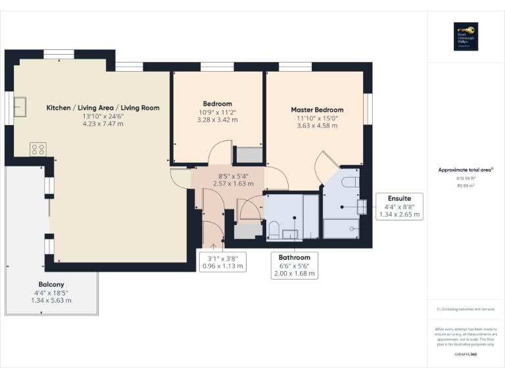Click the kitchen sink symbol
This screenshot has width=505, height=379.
tap(21, 105)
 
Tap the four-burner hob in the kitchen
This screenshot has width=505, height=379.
tap(37, 149)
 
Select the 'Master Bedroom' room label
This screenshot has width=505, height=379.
tap(317, 110)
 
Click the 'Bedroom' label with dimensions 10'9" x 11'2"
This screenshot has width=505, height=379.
tap(217, 104)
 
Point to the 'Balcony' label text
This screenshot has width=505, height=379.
tap(51, 284)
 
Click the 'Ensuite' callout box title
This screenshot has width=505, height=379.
tap(399, 198)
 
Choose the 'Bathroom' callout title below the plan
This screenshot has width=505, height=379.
tap(294, 257)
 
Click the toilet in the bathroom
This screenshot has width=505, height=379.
tap(274, 230)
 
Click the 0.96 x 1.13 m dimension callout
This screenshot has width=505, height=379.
tap(222, 266)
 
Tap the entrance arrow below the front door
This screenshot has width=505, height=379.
tap(212, 245)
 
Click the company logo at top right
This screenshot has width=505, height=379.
tap(466, 37)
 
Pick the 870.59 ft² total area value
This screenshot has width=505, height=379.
tap(465, 178)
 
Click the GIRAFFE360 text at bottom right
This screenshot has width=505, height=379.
tap(466, 355)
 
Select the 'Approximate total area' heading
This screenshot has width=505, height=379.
tap(465, 170)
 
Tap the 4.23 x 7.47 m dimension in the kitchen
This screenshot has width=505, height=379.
tap(103, 124)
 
